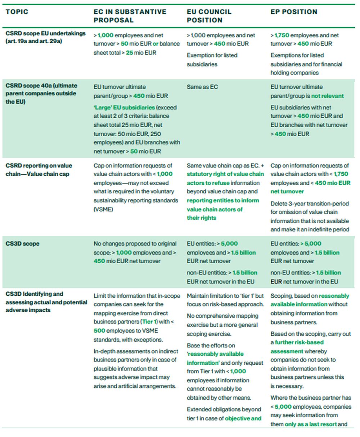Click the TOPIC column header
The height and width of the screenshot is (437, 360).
17,12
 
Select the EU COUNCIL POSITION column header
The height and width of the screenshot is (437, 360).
209,16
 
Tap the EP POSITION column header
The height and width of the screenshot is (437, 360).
294,12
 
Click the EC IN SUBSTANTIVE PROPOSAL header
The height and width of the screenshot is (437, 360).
130,16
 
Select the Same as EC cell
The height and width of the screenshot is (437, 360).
202,87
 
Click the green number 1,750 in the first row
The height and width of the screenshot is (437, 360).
282,35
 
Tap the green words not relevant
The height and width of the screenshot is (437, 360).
328,96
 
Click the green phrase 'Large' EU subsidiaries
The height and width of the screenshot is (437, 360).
125,107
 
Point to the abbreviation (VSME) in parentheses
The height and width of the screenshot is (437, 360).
103,209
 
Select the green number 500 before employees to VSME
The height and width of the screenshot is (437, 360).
99,331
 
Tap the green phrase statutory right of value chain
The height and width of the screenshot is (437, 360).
225,174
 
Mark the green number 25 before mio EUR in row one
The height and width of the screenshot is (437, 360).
130,53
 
